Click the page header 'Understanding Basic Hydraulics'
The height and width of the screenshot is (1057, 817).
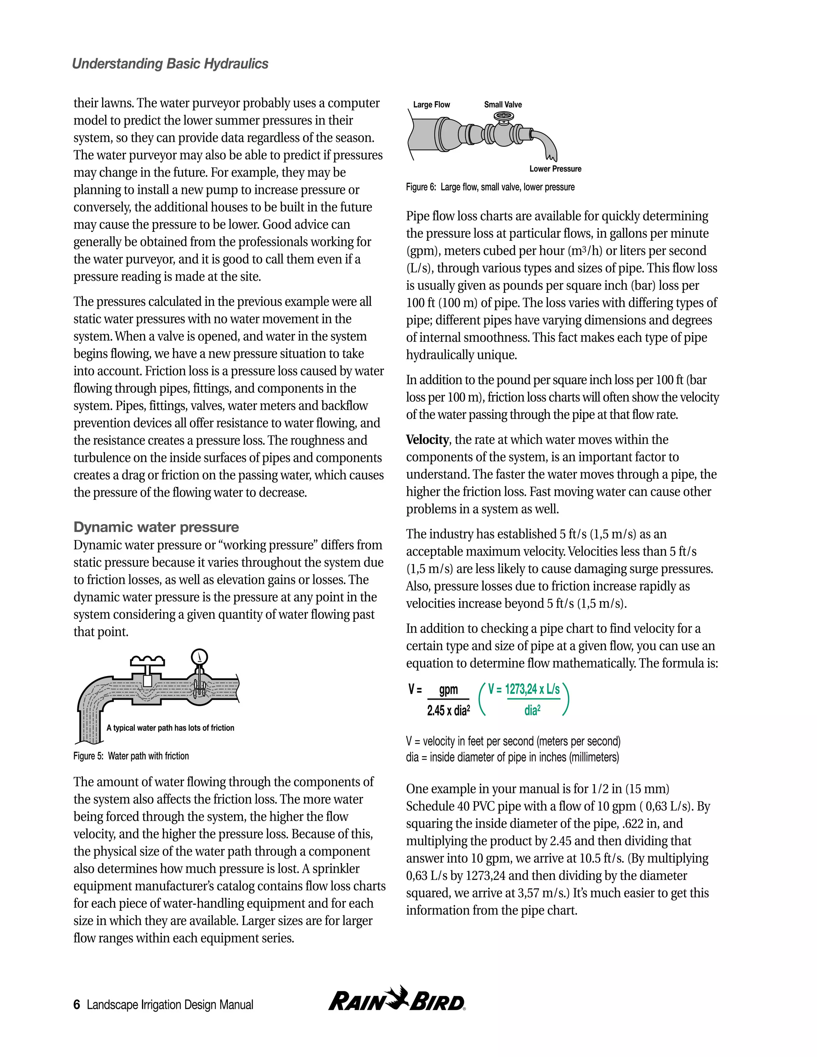170,64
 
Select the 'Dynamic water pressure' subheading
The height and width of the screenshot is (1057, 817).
156,527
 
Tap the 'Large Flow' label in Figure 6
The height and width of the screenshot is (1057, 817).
431,105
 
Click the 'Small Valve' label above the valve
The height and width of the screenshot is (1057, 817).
503,105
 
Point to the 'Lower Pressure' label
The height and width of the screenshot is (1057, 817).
555,169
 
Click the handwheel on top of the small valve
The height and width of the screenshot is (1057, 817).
503,116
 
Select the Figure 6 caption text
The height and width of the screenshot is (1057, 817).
490,187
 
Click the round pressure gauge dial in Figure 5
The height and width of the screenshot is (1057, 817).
199,657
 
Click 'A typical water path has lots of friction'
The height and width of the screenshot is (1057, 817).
170,728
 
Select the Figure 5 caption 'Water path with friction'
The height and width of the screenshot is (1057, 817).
131,756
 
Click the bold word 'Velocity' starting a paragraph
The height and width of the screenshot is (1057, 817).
427,440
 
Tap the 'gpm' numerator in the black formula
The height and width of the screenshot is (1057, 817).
448,690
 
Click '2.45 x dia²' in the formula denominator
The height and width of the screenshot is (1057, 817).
448,710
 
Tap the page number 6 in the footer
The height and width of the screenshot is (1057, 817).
77,1005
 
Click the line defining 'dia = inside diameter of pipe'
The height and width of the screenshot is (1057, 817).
512,757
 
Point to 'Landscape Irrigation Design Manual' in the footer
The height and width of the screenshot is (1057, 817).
170,1005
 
